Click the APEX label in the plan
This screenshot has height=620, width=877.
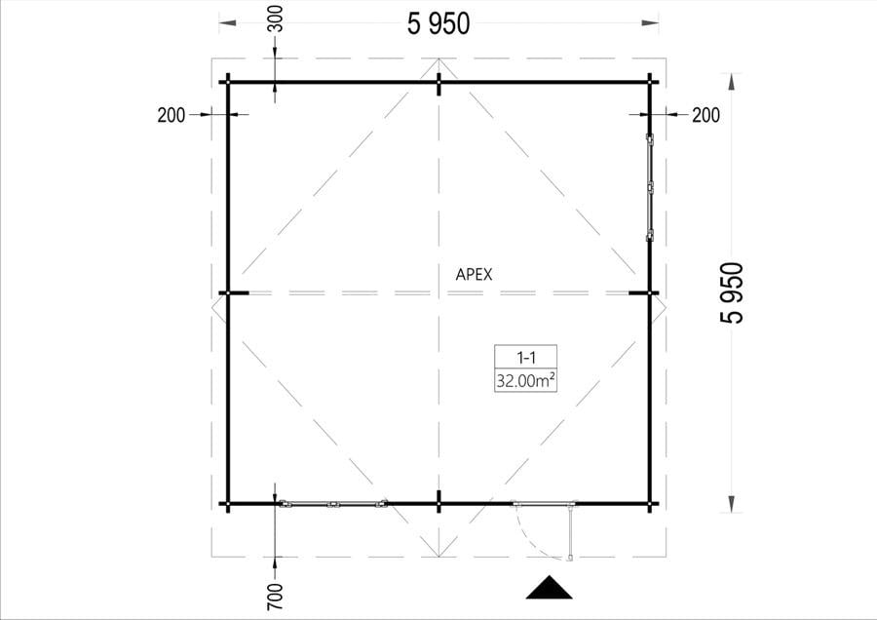[x=474, y=275]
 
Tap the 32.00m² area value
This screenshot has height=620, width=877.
[x=526, y=381]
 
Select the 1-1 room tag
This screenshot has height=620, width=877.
[x=526, y=357]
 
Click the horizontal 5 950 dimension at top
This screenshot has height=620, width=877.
[x=438, y=24]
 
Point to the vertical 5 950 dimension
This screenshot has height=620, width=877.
[x=733, y=292]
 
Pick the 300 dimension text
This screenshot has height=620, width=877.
[x=277, y=19]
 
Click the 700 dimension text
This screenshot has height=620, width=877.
[x=275, y=597]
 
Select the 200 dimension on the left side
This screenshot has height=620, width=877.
[x=172, y=115]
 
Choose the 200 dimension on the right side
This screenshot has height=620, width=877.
[x=705, y=115]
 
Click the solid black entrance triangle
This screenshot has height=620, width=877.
[x=550, y=589]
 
